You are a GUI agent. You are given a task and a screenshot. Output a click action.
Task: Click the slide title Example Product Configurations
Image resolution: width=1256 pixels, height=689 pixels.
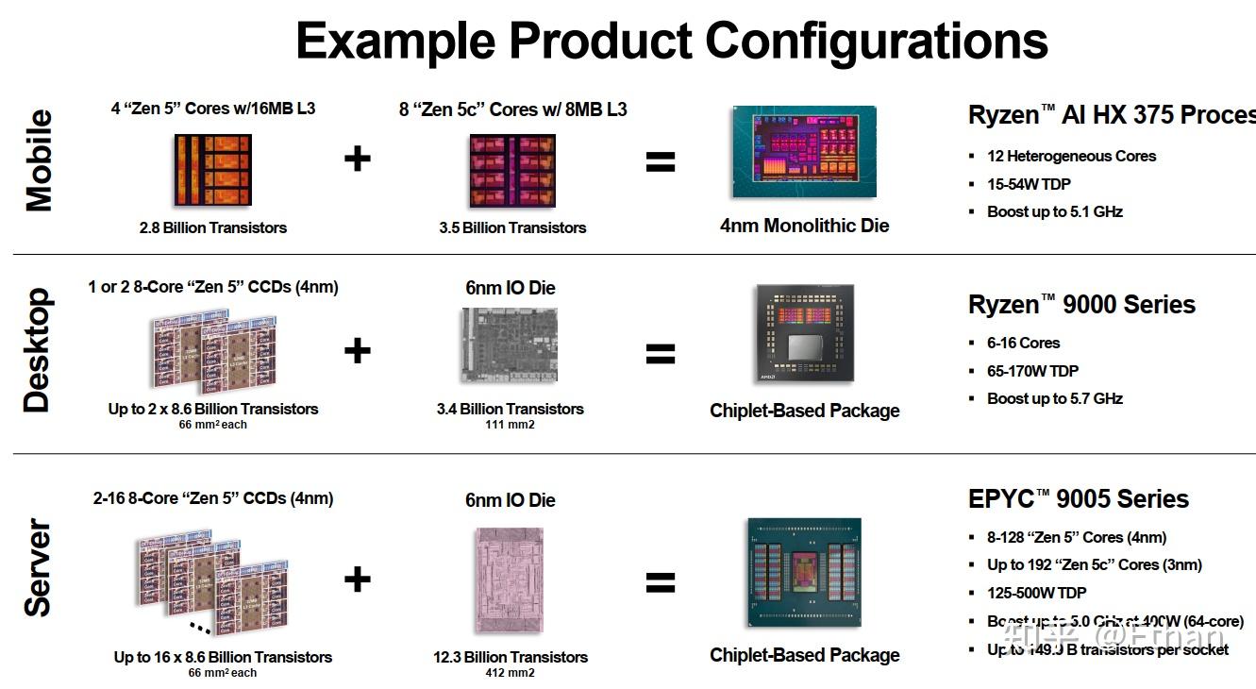[x=671, y=41]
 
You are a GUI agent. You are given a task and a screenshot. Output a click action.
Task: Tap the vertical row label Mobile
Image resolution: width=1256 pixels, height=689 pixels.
[x=39, y=160]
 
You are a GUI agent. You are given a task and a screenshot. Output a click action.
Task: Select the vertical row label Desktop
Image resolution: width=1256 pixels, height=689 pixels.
[x=37, y=351]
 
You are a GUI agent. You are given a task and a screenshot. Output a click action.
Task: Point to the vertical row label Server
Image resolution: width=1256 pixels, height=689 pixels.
[x=37, y=567]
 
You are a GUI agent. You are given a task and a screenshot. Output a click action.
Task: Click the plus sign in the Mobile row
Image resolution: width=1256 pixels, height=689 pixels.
[x=357, y=159]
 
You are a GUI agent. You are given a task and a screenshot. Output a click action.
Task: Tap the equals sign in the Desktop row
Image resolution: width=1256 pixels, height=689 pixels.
[x=661, y=354]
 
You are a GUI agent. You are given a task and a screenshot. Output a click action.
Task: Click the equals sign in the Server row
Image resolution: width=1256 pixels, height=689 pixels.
[x=661, y=582]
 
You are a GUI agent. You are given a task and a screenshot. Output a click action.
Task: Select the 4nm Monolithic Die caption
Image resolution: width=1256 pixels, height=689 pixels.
[x=804, y=226]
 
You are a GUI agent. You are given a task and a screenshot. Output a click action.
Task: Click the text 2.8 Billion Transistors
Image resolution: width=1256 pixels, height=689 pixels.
[x=212, y=227]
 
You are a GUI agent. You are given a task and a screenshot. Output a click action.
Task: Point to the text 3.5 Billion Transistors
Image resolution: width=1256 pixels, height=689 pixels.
[x=512, y=227]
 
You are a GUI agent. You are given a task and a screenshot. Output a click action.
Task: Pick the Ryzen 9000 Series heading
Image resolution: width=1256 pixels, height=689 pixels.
[x=1081, y=305]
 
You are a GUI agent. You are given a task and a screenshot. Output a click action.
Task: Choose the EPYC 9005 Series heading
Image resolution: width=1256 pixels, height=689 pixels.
[x=1078, y=498]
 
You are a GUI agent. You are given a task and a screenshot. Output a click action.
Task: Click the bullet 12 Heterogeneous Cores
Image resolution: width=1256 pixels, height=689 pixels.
[x=1071, y=156]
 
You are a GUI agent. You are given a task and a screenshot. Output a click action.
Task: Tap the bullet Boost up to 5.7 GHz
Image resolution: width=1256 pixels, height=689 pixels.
[x=1054, y=398]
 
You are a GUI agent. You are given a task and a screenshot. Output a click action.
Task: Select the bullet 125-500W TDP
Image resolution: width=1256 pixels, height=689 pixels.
[x=1036, y=593]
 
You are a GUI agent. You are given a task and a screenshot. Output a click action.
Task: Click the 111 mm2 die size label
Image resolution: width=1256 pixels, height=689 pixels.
[x=510, y=425]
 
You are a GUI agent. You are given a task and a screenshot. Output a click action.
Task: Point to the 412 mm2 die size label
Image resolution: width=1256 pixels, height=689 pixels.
[x=510, y=673]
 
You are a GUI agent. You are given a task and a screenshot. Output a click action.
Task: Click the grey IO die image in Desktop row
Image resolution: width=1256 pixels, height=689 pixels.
[x=510, y=344]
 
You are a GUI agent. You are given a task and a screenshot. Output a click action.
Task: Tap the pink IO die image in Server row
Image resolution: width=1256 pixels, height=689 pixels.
[x=510, y=579]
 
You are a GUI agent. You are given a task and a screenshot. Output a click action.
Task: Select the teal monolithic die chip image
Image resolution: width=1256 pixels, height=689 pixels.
[x=804, y=151]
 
